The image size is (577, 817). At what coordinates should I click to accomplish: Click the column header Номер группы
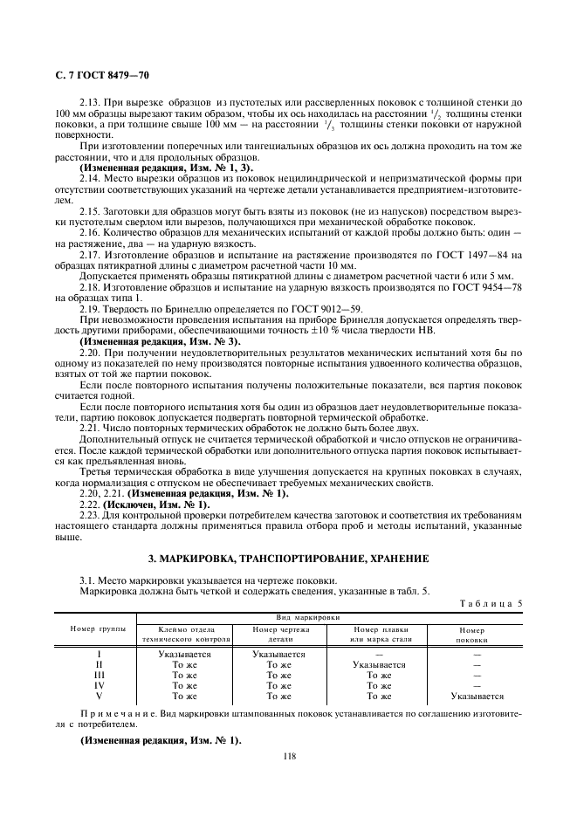(x=98, y=628)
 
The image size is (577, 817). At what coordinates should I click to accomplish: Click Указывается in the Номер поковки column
(x=477, y=696)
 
